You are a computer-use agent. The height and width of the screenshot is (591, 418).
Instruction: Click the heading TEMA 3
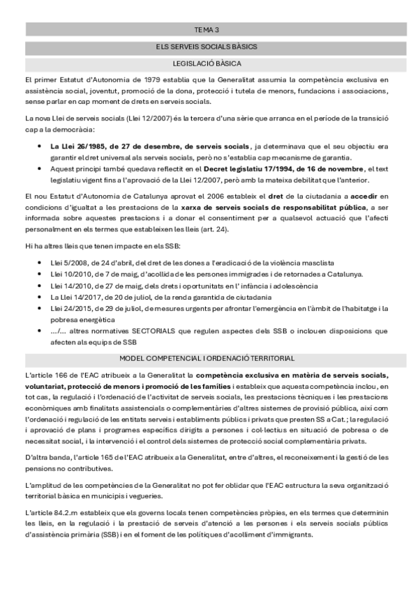(207, 30)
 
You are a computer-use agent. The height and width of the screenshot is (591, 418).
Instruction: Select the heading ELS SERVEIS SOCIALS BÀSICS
(207, 47)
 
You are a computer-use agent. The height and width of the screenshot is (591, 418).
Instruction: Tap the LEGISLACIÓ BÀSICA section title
(207, 63)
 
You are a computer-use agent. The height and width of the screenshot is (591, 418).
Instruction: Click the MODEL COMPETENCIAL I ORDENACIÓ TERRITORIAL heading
(207, 358)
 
